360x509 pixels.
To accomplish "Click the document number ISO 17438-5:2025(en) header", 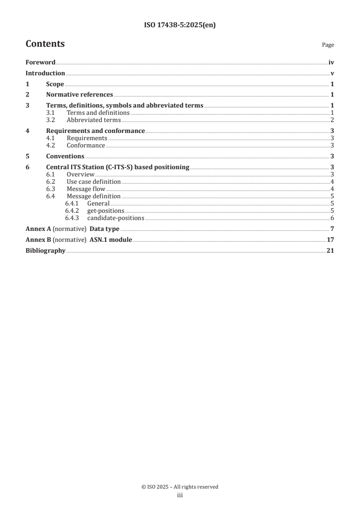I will tap(180, 25).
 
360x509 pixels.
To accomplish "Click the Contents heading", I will tap(45, 44).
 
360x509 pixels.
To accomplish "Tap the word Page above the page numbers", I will tap(328, 45).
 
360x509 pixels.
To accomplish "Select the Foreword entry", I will tap(40, 63).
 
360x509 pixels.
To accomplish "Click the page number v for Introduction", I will tap(332, 73).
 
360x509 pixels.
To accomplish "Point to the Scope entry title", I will tap(55, 84).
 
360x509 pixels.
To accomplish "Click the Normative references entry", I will tap(79, 95).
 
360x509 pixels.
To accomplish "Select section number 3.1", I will tap(50, 113).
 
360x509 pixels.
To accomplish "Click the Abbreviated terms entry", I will tap(94, 120).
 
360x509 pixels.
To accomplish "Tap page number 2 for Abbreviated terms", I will tap(332, 120).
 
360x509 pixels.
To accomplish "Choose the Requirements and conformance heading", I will tap(95, 131).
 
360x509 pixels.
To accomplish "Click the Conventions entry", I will tap(65, 156).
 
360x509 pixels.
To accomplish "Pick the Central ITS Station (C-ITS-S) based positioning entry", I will tap(118, 167).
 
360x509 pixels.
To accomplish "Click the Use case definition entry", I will tap(94, 181).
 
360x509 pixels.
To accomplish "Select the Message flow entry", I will tap(86, 189).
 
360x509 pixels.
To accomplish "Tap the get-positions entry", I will tap(106, 210).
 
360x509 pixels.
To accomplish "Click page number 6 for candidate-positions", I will tap(332, 218).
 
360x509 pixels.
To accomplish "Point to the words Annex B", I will tap(38, 240).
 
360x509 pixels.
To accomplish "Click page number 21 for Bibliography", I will tap(330, 250).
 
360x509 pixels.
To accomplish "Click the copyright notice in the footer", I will tap(180, 487).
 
